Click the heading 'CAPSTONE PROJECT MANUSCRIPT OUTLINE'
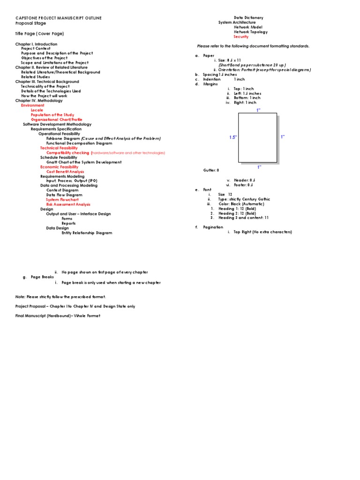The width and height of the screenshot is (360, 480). (x=58, y=18)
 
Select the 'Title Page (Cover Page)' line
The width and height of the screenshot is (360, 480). (x=39, y=34)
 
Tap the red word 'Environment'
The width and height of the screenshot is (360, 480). (x=32, y=105)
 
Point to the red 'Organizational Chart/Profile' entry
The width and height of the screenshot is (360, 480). (x=56, y=120)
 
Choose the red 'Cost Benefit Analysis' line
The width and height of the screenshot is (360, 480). (x=65, y=172)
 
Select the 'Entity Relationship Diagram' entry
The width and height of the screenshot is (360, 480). (x=87, y=232)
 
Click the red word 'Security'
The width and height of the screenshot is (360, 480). (x=241, y=37)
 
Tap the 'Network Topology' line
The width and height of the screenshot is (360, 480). (x=251, y=32)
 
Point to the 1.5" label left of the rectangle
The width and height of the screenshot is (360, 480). (x=233, y=137)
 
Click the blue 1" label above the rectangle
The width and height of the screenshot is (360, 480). (x=258, y=110)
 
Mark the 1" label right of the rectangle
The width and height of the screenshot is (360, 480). (x=283, y=137)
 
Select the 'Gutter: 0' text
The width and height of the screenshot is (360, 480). (x=211, y=170)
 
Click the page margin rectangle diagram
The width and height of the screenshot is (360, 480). (x=258, y=138)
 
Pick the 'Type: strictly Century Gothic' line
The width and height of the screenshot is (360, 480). (x=244, y=199)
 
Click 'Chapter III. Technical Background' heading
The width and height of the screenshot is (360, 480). (x=47, y=82)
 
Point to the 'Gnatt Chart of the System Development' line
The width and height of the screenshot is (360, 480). (x=83, y=162)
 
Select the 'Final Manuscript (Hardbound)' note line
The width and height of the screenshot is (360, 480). (x=58, y=315)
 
